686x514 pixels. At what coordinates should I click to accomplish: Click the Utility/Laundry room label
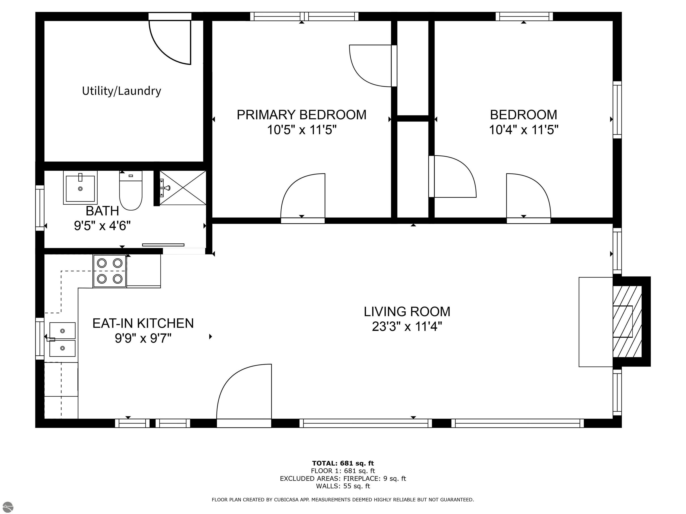121,91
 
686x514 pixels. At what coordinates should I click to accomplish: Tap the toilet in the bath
131,192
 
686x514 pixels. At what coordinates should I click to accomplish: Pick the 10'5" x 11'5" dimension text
301,130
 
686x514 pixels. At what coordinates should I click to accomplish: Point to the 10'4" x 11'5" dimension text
523,130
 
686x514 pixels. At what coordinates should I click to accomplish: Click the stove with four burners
109,271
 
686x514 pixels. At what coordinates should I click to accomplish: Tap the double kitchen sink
62,340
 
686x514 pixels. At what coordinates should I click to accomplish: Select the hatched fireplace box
627,321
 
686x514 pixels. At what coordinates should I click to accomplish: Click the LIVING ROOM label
407,312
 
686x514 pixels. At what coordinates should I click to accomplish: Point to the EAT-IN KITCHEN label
143,323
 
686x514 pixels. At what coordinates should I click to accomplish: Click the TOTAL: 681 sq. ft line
343,463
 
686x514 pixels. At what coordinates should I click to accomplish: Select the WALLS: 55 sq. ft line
343,486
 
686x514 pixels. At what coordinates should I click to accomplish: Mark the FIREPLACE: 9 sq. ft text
374,478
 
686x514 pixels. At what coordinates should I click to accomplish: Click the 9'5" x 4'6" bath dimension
102,226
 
